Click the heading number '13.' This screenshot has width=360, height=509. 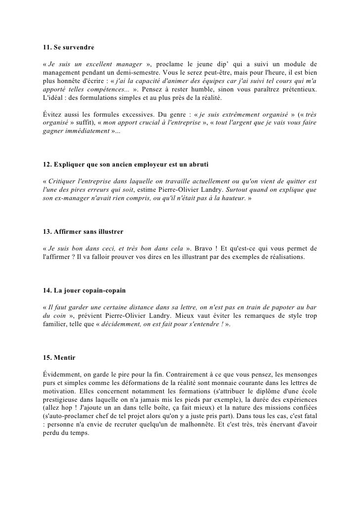[49, 231]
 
